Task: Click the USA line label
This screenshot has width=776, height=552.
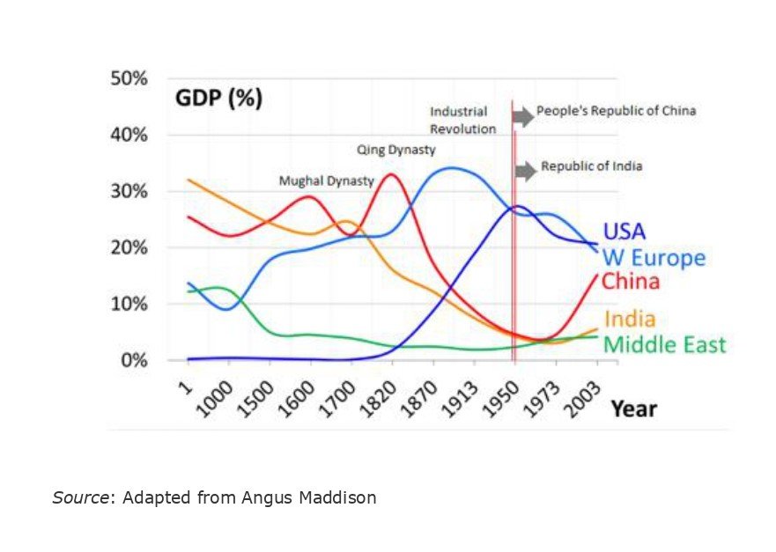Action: (x=624, y=232)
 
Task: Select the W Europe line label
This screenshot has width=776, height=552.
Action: (x=653, y=258)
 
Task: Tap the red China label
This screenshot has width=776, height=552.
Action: (x=631, y=283)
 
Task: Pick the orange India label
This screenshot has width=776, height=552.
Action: (x=629, y=319)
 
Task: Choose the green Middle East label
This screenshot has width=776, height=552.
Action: (x=664, y=344)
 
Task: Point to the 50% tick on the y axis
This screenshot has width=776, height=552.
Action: (x=129, y=79)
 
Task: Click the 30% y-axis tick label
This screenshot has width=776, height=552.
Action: (x=129, y=192)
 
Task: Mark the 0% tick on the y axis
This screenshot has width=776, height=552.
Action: (x=134, y=361)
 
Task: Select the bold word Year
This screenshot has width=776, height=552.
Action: (x=634, y=408)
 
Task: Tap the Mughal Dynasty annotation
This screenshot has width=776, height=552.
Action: (x=326, y=181)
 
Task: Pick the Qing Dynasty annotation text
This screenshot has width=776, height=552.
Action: (x=396, y=150)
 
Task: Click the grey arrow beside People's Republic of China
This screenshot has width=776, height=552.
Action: (x=523, y=115)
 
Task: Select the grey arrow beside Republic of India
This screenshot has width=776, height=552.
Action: (x=526, y=171)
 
